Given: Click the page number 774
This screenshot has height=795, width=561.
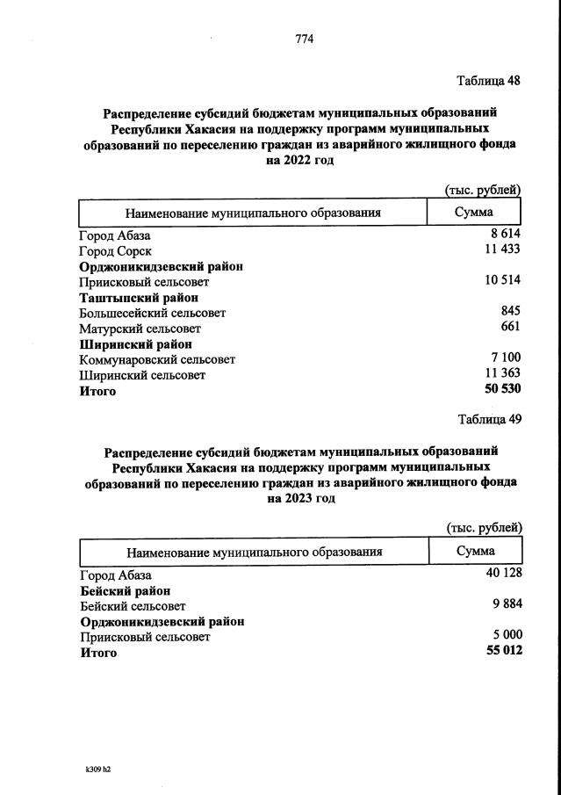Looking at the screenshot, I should tap(304, 39).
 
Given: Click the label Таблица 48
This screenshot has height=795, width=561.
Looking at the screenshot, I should tap(489, 81).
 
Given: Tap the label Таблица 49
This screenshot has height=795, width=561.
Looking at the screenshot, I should tap(490, 419).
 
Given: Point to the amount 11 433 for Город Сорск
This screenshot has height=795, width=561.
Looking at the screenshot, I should tap(502, 250).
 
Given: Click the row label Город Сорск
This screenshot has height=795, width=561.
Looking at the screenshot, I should tap(115, 251).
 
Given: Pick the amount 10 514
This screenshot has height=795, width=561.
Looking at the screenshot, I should tap(502, 281).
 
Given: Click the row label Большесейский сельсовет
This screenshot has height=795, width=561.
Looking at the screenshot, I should tap(152, 313).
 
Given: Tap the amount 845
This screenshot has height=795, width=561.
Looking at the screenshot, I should tap(511, 311).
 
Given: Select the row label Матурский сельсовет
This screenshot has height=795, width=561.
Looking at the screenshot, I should tap(139, 328).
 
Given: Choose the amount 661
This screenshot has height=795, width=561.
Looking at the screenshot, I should tap(511, 327).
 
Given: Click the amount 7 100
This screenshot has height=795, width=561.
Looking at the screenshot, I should tap(507, 358).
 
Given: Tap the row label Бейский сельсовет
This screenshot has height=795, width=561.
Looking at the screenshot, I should tap(132, 606).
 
